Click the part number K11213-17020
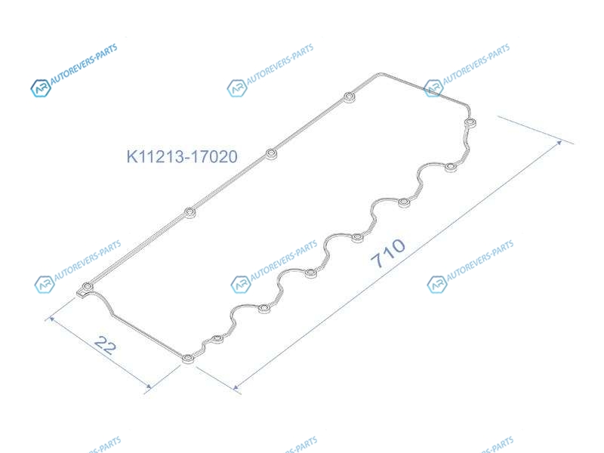pyautogui.click(x=182, y=156)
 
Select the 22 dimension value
pyautogui.click(x=105, y=345)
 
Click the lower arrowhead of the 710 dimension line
pyautogui.click(x=236, y=387)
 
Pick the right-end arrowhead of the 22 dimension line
pyautogui.click(x=148, y=386)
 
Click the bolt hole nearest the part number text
pyautogui.click(x=272, y=155)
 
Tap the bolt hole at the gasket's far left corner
pyautogui.click(x=88, y=287)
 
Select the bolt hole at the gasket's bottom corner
pyautogui.click(x=187, y=359)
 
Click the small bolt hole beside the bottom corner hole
pyautogui.click(x=217, y=339)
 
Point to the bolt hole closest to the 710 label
pyautogui.click(x=357, y=238)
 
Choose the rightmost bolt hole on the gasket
pyautogui.click(x=470, y=123)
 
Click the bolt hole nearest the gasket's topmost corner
pyautogui.click(x=349, y=97)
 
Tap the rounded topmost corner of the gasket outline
pyautogui.click(x=380, y=73)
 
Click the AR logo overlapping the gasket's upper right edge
pyautogui.click(x=433, y=88)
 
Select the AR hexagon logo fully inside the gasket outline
pyautogui.click(x=241, y=285)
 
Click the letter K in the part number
pyautogui.click(x=131, y=156)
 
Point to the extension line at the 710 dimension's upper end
pyautogui.click(x=535, y=130)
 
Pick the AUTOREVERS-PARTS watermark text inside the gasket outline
pyautogui.click(x=284, y=260)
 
